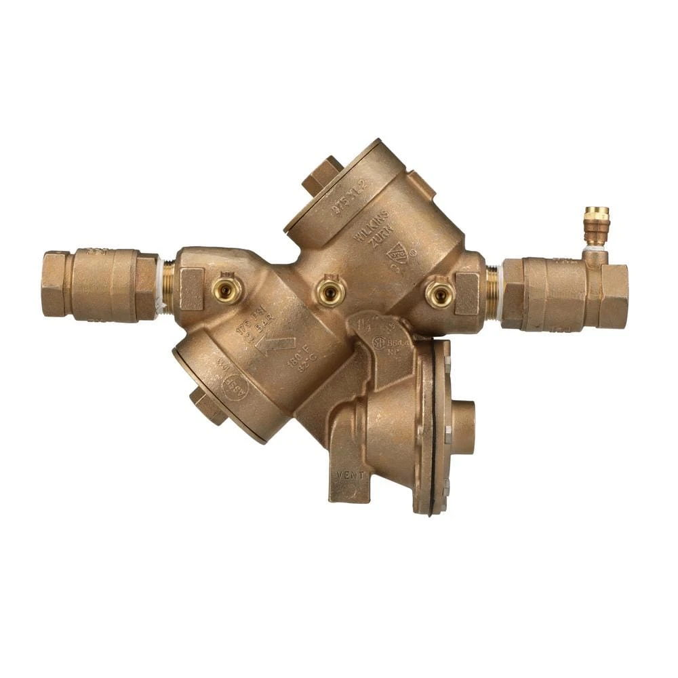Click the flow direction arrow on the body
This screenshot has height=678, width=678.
click(x=275, y=345)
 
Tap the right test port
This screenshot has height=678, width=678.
click(x=439, y=294)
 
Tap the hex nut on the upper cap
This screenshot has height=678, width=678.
click(x=322, y=174)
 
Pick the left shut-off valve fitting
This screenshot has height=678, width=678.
click(x=100, y=284)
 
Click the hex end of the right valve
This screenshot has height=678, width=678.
click(x=614, y=296)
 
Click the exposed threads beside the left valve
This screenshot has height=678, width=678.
click(x=166, y=285)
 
